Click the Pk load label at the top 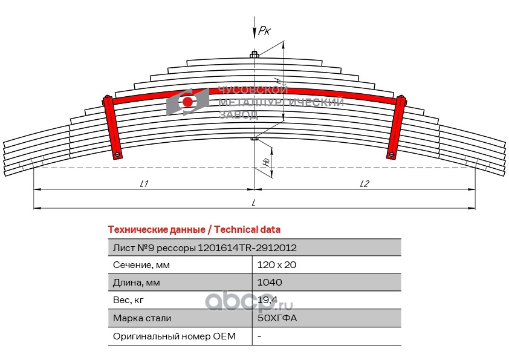264,30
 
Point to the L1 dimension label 144,183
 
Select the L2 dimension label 365,183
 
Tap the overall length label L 253,203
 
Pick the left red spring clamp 112,127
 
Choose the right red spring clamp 397,127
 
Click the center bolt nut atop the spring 254,54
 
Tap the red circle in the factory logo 187,102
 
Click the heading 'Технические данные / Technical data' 194,230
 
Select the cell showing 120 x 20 277,265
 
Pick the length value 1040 270,283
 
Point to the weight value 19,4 267,300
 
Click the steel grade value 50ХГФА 277,318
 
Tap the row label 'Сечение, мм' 141,265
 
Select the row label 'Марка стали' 142,318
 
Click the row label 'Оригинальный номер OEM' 174,336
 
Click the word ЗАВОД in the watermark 239,115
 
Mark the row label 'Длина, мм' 137,283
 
